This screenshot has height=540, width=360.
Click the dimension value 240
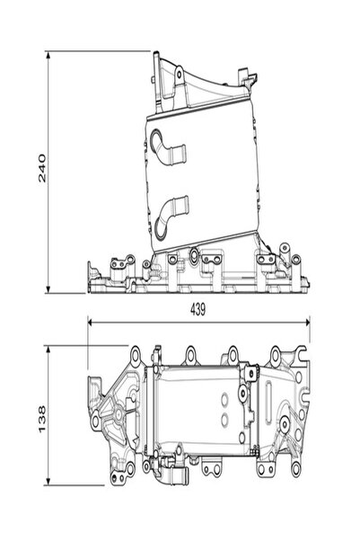pyautogui.click(x=42, y=168)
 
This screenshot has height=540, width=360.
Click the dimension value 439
pyautogui.click(x=198, y=310)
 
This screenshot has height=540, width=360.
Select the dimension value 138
pyautogui.click(x=42, y=419)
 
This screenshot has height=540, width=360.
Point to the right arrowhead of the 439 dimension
pyautogui.click(x=305, y=323)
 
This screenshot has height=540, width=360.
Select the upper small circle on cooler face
pyautogui.click(x=224, y=399)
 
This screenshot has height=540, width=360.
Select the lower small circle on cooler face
pyautogui.click(x=224, y=419)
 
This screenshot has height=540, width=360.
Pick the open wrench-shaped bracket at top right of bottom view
pyautogui.click(x=298, y=354)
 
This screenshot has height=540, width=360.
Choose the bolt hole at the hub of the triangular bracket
pyautogui.click(x=119, y=413)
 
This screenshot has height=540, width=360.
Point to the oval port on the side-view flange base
pyautogui.click(x=194, y=256)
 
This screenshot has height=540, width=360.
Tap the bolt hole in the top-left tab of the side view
pyautogui.click(x=179, y=74)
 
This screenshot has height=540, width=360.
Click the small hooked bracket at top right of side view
pyautogui.click(x=247, y=79)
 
